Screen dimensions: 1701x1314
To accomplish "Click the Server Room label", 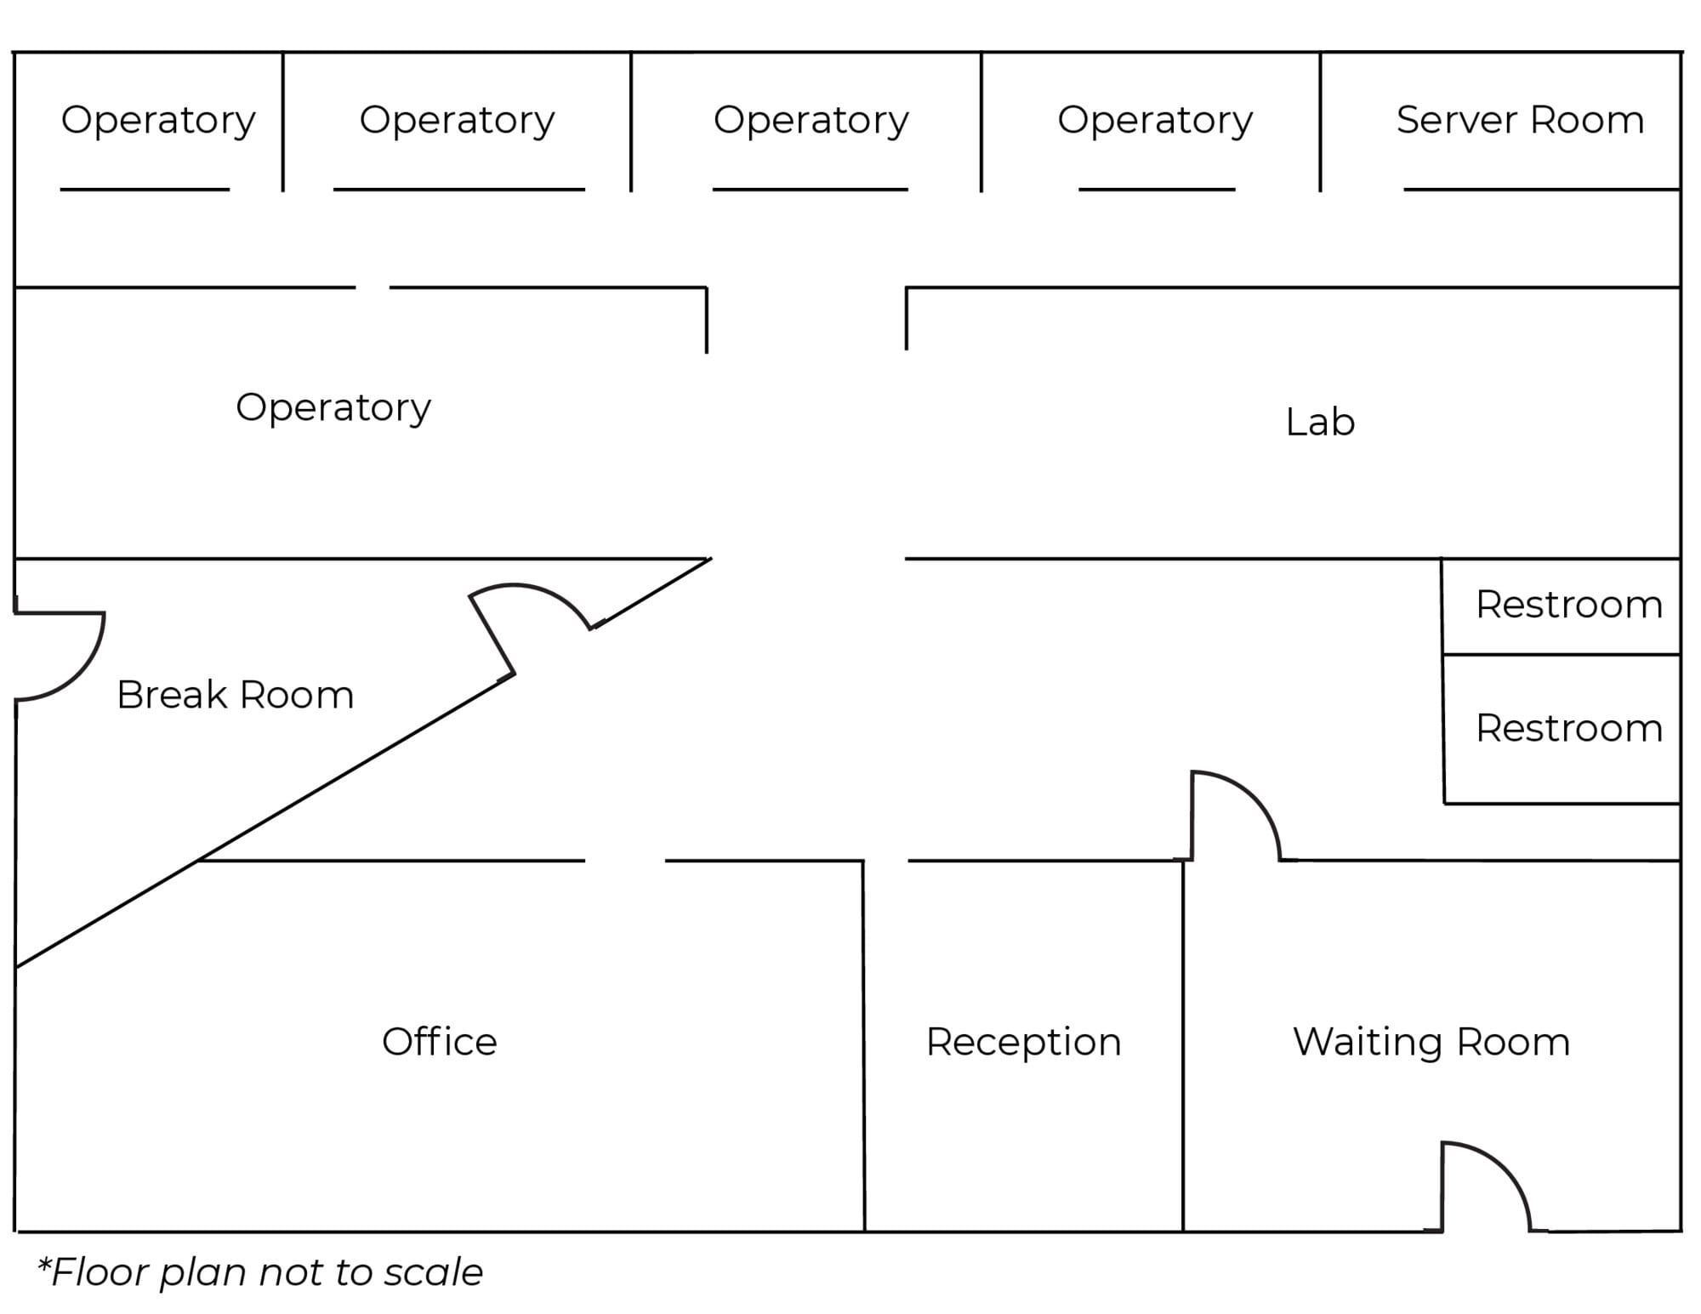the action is (1520, 120).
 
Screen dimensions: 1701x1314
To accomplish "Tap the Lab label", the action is (1320, 422).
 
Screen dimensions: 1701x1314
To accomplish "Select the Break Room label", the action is (235, 695).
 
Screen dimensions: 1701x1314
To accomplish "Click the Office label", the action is (439, 1041).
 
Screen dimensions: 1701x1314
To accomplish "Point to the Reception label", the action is (1023, 1043).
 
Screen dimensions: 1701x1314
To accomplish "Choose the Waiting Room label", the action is (1431, 1042).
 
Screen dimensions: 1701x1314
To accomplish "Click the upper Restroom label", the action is (1569, 605).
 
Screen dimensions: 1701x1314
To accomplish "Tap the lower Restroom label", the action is (1569, 728).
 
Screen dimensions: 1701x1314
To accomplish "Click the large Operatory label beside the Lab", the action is (333, 408).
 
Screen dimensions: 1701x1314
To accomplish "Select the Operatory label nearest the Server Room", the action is (1155, 121).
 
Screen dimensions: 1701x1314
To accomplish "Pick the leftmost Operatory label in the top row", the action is (158, 121).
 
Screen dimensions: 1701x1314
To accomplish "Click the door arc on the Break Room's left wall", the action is (78, 674).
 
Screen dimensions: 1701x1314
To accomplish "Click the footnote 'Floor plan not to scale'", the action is (260, 1272).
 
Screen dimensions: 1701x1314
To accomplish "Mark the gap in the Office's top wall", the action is (625, 861).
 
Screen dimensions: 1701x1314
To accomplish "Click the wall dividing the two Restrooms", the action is (1562, 654).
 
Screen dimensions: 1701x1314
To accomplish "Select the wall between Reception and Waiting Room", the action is (1183, 1045).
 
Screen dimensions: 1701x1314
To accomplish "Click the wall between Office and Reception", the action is (864, 1045).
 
